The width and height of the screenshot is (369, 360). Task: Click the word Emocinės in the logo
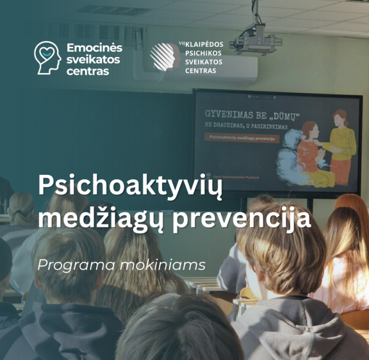pyautogui.click(x=94, y=48)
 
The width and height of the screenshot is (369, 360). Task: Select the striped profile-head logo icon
pyautogui.click(x=164, y=56)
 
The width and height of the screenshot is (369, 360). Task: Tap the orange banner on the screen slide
pyautogui.click(x=242, y=137)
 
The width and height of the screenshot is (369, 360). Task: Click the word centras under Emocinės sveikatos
pyautogui.click(x=88, y=71)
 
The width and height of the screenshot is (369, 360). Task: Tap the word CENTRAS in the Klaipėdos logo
pyautogui.click(x=199, y=71)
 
